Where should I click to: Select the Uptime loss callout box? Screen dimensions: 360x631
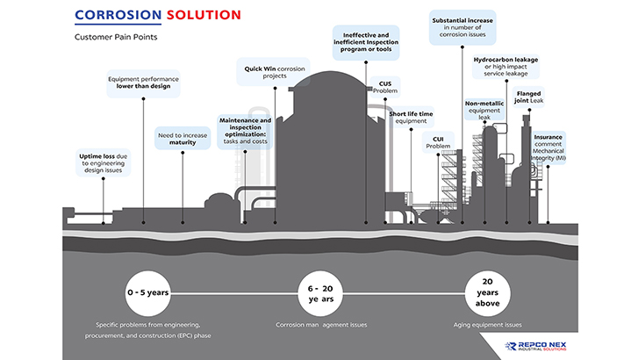(x=103, y=163)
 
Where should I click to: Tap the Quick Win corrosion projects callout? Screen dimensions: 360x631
(x=275, y=71)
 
